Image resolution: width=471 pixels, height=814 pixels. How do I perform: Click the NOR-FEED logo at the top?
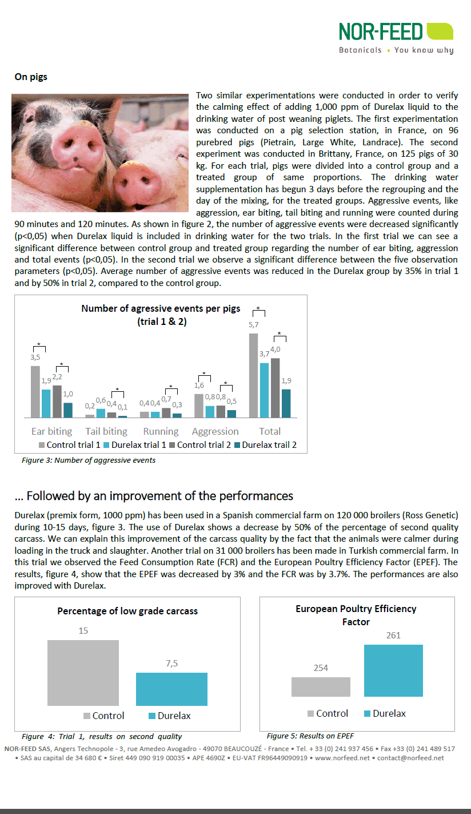(x=396, y=38)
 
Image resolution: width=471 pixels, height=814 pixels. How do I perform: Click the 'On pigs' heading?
(x=31, y=76)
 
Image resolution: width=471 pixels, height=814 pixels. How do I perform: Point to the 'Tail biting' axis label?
(x=106, y=431)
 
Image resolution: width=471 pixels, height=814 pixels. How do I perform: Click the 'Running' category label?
(x=161, y=431)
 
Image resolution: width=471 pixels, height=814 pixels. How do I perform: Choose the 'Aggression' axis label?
(x=215, y=431)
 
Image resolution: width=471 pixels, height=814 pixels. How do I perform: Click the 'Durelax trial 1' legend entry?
(x=139, y=444)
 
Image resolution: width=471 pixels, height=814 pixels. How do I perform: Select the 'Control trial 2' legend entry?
(x=203, y=444)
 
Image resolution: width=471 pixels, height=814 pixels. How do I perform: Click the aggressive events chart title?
(x=162, y=315)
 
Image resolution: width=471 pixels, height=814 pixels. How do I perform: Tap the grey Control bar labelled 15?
(x=83, y=673)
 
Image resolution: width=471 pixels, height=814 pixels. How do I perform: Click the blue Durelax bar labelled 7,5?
(x=171, y=689)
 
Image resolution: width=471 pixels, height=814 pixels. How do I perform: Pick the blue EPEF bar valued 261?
(x=393, y=670)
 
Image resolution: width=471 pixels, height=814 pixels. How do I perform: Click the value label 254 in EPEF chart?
(x=321, y=668)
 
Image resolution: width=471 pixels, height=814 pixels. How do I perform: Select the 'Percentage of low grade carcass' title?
(x=127, y=611)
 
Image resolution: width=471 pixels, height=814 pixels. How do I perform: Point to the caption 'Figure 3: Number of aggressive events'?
(x=89, y=460)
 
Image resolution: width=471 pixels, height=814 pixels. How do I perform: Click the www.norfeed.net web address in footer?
(x=341, y=758)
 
